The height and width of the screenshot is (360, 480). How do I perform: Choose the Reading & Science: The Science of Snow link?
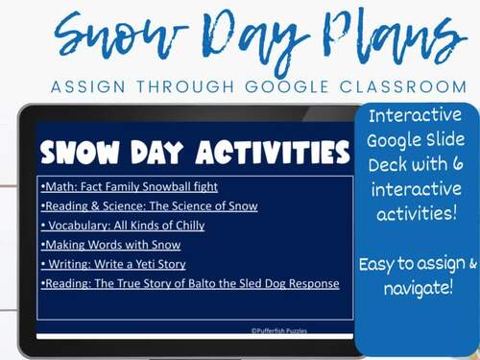[x=151, y=206]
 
